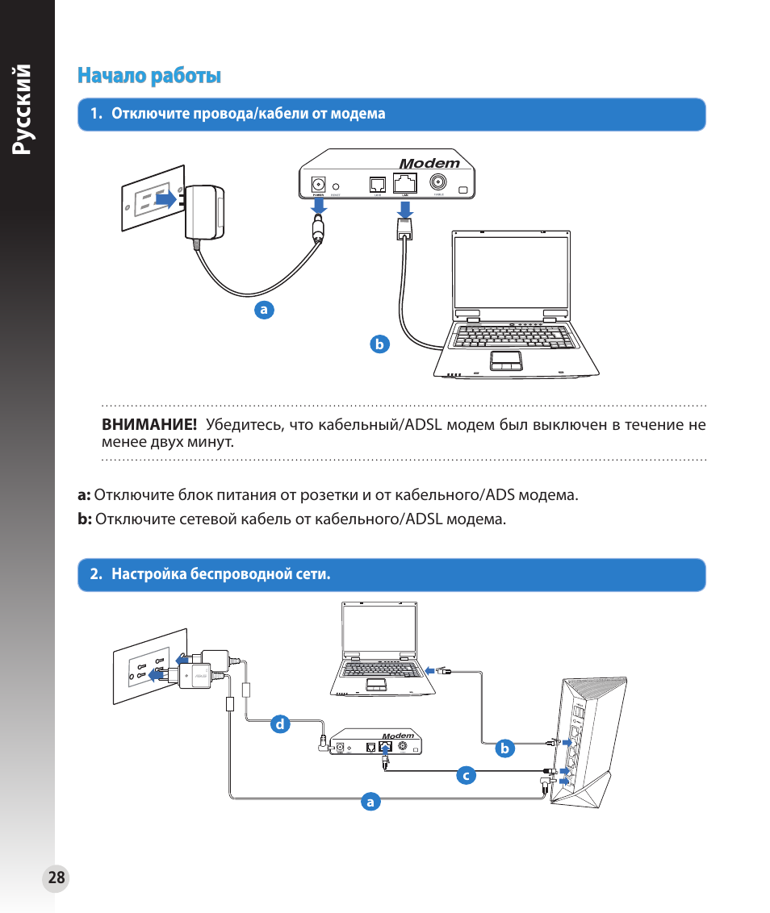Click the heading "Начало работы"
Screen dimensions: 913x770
tap(149, 76)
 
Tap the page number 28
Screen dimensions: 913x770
tap(56, 878)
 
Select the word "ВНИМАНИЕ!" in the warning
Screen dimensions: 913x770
tap(149, 425)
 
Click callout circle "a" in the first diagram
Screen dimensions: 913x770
tap(263, 309)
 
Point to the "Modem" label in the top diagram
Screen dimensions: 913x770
tap(429, 163)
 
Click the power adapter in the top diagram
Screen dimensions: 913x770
tap(203, 213)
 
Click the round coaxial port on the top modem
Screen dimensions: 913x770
tap(438, 182)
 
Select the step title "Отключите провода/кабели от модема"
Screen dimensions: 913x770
tap(248, 114)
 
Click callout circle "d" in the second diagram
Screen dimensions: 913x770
tap(280, 724)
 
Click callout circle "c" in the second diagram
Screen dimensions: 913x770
tap(465, 776)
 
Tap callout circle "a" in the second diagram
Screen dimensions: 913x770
tap(370, 802)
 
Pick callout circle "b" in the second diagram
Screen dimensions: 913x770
tap(505, 748)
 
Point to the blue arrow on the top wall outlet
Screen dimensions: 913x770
tap(165, 198)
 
